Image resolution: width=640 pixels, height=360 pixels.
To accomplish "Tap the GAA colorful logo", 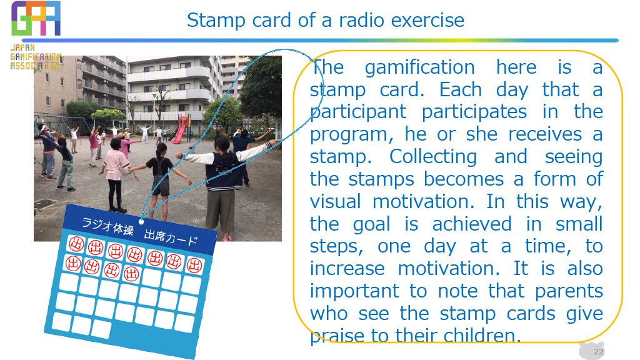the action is click(36, 18).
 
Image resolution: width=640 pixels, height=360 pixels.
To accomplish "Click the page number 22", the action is click(599, 351).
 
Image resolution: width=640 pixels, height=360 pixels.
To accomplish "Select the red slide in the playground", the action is click(181, 129).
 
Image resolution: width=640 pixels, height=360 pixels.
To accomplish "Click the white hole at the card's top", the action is click(141, 222).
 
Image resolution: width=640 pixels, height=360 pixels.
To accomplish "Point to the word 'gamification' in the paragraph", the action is click(419, 68).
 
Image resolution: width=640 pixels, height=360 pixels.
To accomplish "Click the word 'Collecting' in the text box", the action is click(433, 157).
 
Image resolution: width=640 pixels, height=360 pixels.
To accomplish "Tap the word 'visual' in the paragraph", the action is click(335, 202).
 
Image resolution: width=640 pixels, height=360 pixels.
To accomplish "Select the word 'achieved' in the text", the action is click(471, 224).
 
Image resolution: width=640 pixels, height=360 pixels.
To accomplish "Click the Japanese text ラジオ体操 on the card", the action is click(107, 226).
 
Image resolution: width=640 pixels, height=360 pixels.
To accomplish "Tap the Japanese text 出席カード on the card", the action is click(171, 237).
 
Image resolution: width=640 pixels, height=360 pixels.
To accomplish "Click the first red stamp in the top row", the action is click(76, 244).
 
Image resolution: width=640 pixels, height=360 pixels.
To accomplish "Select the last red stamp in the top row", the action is click(194, 265).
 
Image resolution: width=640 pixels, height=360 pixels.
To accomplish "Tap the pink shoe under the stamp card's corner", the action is click(227, 238).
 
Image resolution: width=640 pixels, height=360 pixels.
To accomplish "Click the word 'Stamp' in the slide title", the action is click(216, 21).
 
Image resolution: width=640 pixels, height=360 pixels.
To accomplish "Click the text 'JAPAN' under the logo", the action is click(23, 47).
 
